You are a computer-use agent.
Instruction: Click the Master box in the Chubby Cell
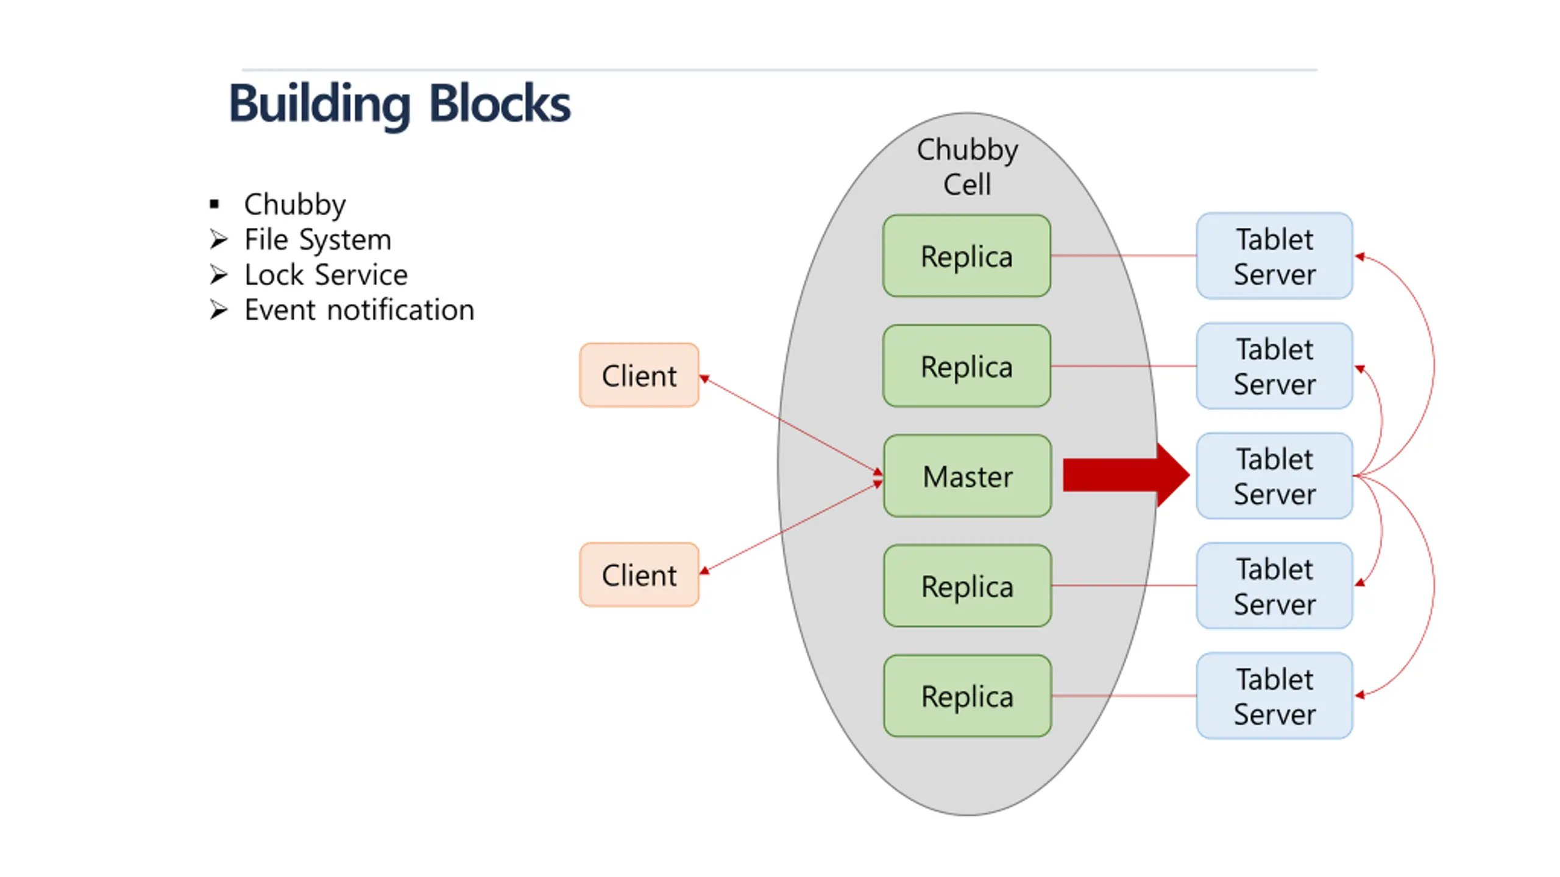pyautogui.click(x=967, y=476)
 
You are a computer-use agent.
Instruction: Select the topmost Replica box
pyautogui.click(x=966, y=256)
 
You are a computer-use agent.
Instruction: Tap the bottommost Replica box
pyautogui.click(x=967, y=696)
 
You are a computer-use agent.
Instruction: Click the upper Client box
pyautogui.click(x=639, y=375)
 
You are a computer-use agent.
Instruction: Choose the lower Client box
pyautogui.click(x=639, y=574)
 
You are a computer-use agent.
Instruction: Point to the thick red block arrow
pyautogui.click(x=1126, y=475)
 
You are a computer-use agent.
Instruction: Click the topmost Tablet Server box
pyautogui.click(x=1274, y=256)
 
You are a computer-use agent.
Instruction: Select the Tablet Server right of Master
pyautogui.click(x=1274, y=476)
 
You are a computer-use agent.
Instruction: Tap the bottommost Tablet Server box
pyautogui.click(x=1274, y=696)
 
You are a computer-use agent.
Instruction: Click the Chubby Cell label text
pyautogui.click(x=967, y=167)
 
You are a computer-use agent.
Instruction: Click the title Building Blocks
pyautogui.click(x=400, y=104)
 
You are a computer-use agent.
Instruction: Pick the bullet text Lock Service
pyautogui.click(x=326, y=275)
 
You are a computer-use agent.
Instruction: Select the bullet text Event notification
pyautogui.click(x=359, y=310)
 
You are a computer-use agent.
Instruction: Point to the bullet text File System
pyautogui.click(x=317, y=240)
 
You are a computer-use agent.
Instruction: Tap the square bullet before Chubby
pyautogui.click(x=214, y=204)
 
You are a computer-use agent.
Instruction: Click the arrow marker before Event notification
pyautogui.click(x=218, y=310)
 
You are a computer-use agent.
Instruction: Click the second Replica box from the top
pyautogui.click(x=966, y=365)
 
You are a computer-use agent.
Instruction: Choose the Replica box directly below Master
pyautogui.click(x=967, y=585)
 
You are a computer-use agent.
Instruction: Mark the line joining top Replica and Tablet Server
pyautogui.click(x=1124, y=256)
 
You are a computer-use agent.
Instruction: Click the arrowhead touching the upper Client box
pyautogui.click(x=704, y=379)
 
